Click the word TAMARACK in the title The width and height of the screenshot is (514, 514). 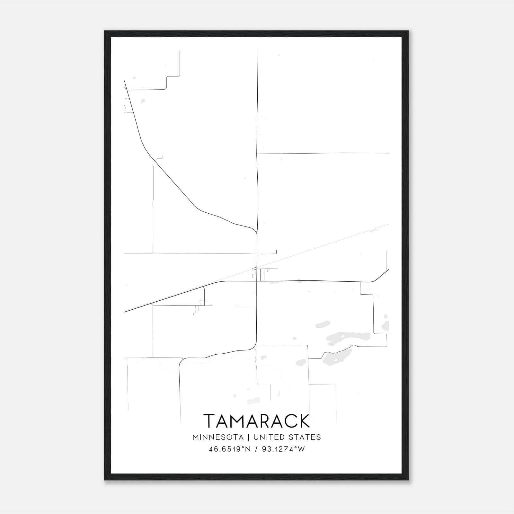257,421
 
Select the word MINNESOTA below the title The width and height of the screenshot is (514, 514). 218,437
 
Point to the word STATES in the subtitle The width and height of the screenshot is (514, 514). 304,437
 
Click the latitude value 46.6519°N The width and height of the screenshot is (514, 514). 229,449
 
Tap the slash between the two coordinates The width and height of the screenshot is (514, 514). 256,449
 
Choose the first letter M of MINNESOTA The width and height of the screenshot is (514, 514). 196,437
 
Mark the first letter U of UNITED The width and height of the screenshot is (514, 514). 256,437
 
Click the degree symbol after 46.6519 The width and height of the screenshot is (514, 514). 244,448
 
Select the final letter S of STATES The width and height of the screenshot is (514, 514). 318,437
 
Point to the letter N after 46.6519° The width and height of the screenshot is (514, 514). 248,449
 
